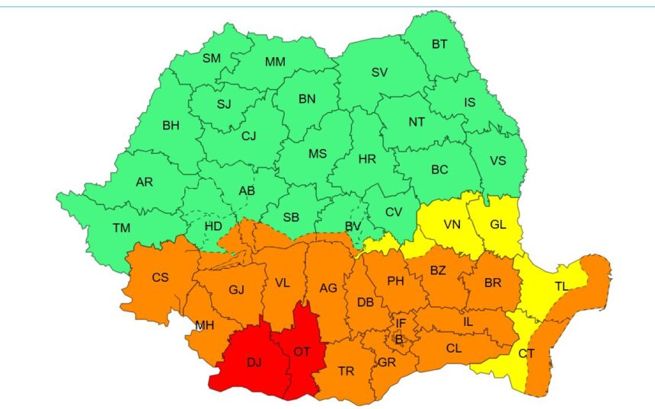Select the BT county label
439,44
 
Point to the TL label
561,286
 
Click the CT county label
526,353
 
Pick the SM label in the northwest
212,58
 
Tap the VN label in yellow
453,225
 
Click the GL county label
498,225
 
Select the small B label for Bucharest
398,338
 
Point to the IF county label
401,324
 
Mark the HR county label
367,159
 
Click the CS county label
160,277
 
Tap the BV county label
353,226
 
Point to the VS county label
497,161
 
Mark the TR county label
346,371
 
